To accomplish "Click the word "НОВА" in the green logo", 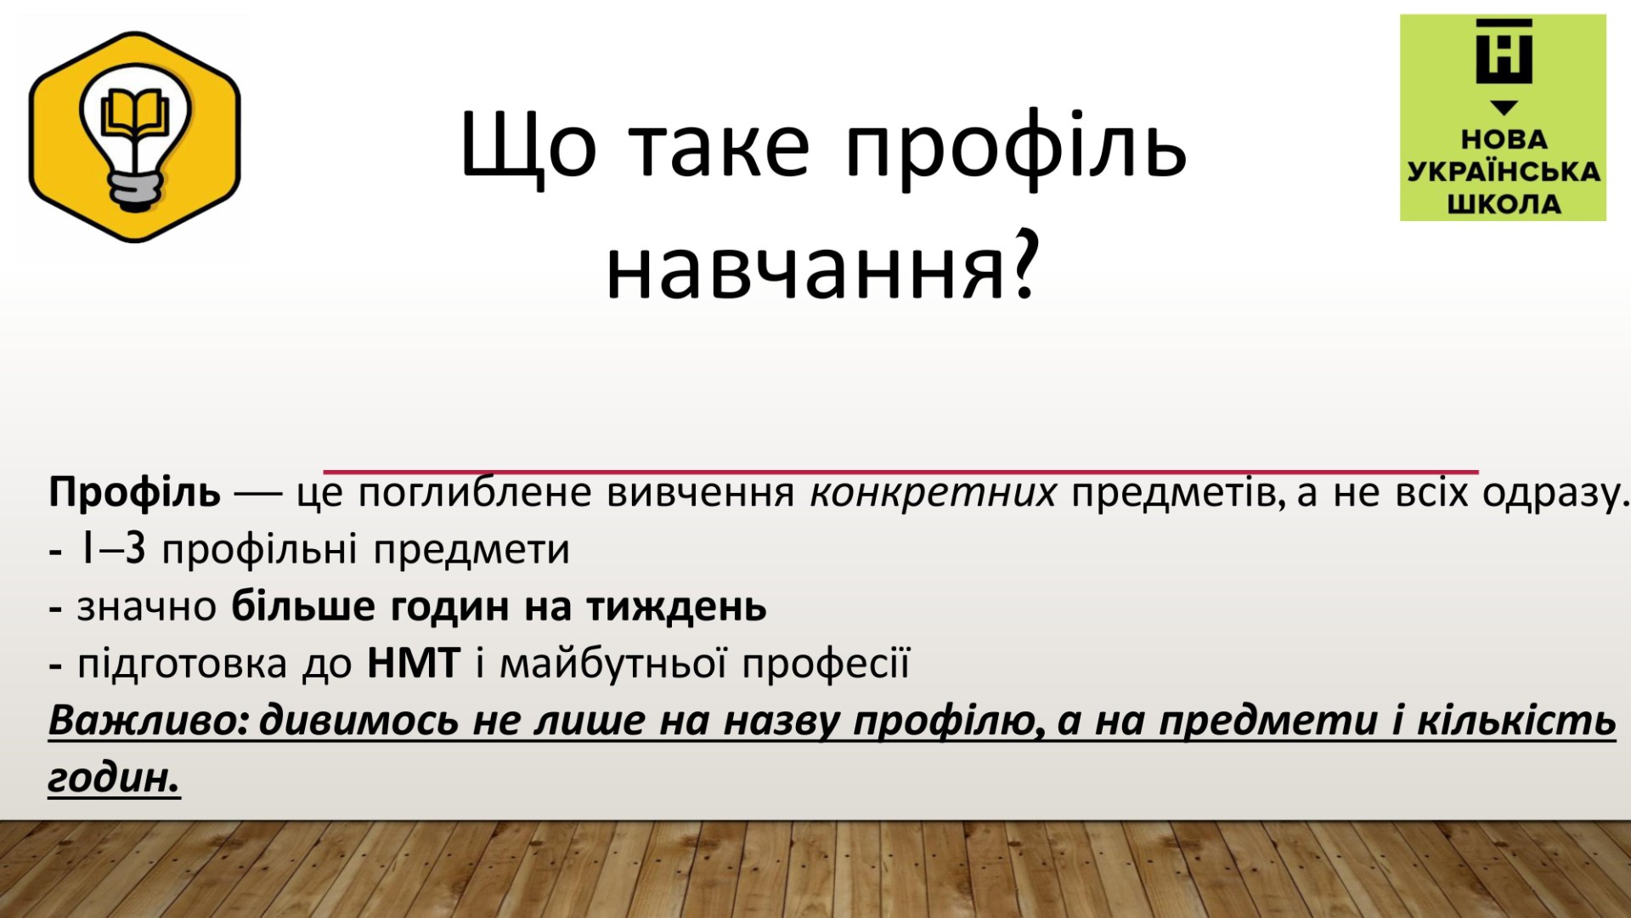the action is point(1504,139).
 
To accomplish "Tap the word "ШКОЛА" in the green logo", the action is point(1504,204).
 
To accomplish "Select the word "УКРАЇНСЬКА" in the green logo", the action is point(1504,171).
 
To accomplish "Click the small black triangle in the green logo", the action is point(1504,108).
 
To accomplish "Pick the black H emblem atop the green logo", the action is point(1504,52).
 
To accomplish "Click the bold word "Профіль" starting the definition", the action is point(134,493).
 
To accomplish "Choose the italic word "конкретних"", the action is point(933,493).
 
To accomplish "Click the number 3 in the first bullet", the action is point(135,549).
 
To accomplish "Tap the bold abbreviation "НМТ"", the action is point(414,663).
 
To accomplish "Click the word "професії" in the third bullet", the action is point(827,665).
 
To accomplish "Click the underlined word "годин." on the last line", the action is point(115,779).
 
